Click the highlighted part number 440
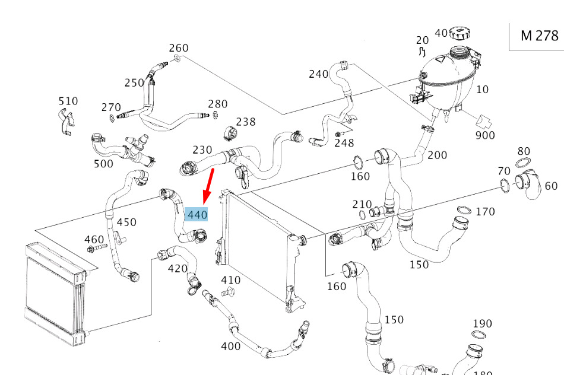[x=197, y=214]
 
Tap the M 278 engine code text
[x=538, y=36]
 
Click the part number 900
[x=485, y=135]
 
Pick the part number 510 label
[x=68, y=101]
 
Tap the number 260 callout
[x=179, y=47]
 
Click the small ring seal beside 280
[x=216, y=114]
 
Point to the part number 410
[x=230, y=280]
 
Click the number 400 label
[x=230, y=346]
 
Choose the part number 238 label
[x=246, y=122]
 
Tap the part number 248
[x=344, y=142]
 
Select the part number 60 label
[x=551, y=186]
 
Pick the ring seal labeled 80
[x=522, y=164]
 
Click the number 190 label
[x=482, y=323]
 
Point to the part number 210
[x=362, y=204]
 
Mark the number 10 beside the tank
[x=483, y=90]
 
